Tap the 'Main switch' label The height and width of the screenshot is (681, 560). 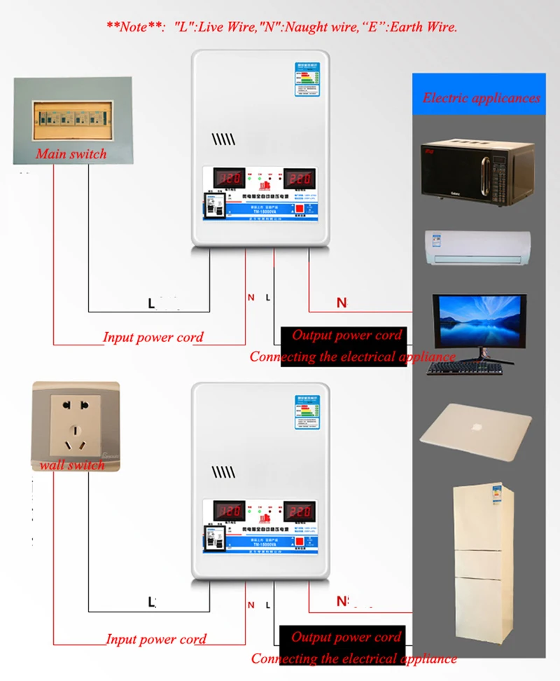pyautogui.click(x=71, y=153)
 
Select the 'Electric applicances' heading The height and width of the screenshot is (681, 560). pyautogui.click(x=482, y=98)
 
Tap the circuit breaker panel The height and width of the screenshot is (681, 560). pyautogui.click(x=72, y=119)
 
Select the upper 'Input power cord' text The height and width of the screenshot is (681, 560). pyautogui.click(x=153, y=337)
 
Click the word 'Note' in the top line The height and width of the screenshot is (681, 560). pyautogui.click(x=134, y=27)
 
